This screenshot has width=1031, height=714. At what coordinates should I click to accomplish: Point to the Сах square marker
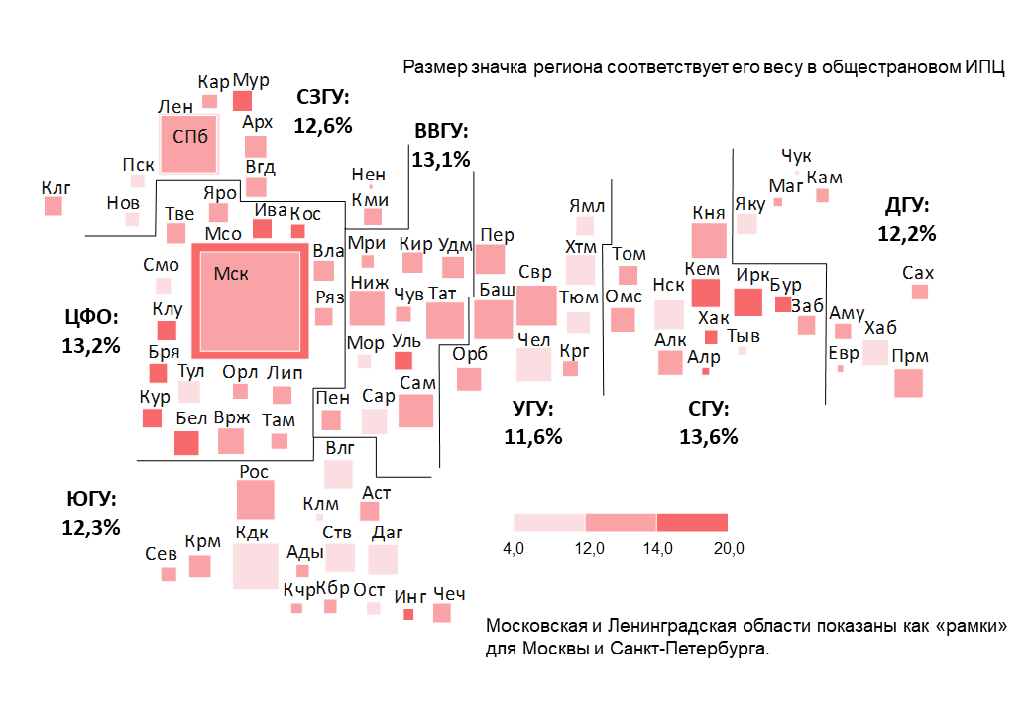point(920,292)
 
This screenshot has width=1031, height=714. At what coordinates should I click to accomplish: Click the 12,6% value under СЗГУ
point(323,125)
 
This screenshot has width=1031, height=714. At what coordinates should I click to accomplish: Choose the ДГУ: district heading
point(907,206)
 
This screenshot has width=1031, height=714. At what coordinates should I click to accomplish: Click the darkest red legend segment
point(692,522)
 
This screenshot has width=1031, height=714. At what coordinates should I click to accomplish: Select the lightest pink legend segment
point(549,522)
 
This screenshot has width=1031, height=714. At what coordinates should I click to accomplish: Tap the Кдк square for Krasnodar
point(256,566)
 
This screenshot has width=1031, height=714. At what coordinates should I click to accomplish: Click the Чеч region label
point(449,593)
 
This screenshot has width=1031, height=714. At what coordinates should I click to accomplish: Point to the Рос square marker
point(256,499)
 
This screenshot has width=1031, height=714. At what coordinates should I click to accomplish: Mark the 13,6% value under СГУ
point(708,436)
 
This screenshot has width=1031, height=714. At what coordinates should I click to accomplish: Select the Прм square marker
point(908,383)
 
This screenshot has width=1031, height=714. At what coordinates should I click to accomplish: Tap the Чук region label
point(796,156)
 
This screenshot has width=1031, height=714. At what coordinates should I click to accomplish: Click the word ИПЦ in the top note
point(985,68)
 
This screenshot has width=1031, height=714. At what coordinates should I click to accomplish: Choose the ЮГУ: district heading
point(91,499)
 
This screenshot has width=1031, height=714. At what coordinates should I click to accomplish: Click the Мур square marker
point(242,100)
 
